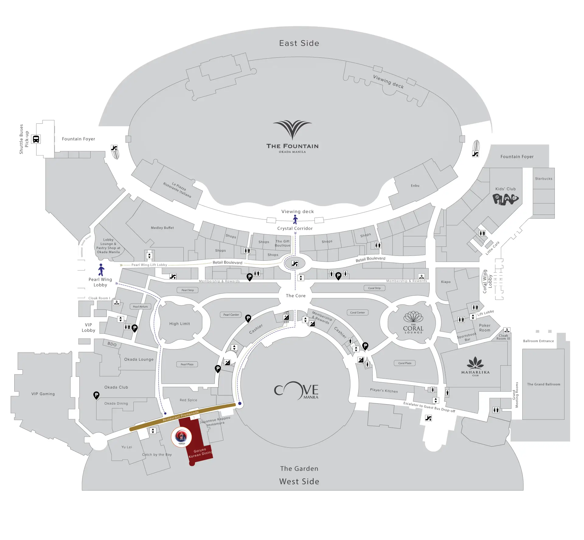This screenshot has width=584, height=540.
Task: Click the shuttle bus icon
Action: (x=36, y=139)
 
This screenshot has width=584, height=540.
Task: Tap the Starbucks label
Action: (x=544, y=179)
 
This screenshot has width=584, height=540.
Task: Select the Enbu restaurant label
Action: (x=415, y=186)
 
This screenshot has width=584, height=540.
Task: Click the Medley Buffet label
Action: (x=162, y=228)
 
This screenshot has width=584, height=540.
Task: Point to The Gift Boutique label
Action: (x=283, y=243)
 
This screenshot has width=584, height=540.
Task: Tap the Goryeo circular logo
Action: (x=182, y=437)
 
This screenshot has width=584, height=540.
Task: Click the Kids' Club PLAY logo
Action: (x=505, y=199)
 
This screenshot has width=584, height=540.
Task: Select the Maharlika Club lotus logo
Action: (x=475, y=363)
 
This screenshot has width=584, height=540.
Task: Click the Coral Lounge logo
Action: (x=413, y=322)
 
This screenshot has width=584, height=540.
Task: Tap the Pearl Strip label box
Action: (x=188, y=290)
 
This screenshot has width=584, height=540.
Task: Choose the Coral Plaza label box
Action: (x=405, y=363)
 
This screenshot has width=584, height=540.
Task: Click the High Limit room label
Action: (x=179, y=324)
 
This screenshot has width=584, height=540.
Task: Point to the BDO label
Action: (x=112, y=344)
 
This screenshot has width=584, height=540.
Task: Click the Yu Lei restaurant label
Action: (x=127, y=447)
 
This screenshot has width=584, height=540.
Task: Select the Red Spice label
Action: (x=188, y=400)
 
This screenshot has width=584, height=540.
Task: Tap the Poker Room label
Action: (x=485, y=328)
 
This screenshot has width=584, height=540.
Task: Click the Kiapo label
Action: (x=446, y=282)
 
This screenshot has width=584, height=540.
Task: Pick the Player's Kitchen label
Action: (x=384, y=390)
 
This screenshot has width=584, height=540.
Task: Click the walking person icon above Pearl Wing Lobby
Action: (x=101, y=270)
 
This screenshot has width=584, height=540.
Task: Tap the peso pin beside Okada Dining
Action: (x=96, y=395)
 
